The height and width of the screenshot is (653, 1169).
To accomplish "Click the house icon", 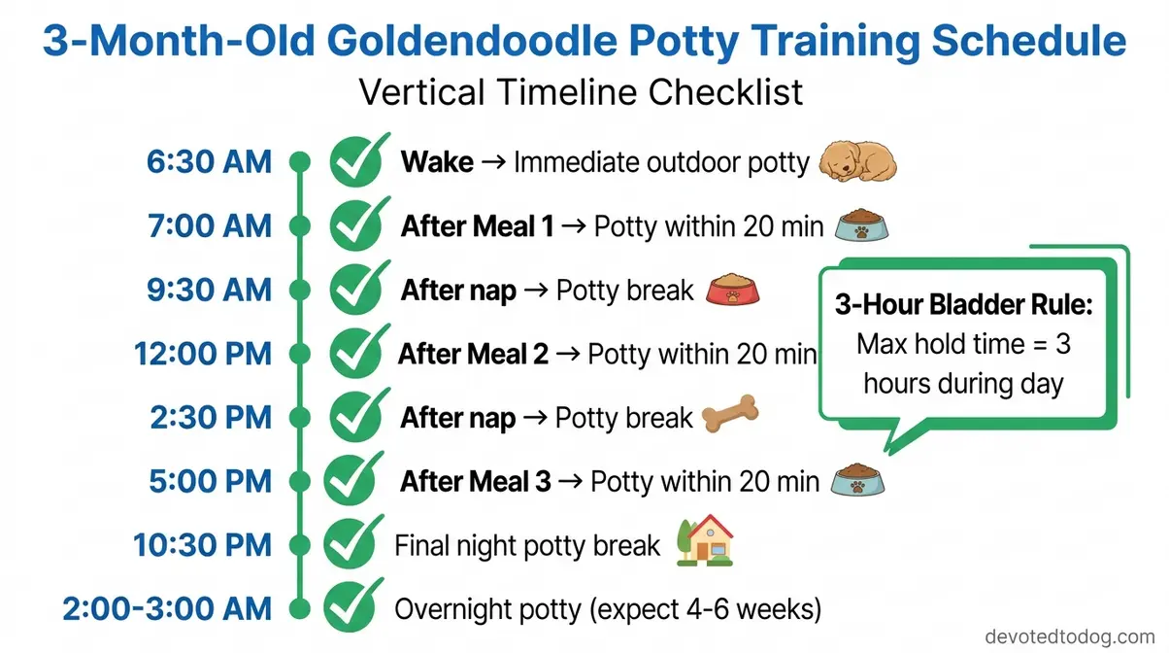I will coord(705,542).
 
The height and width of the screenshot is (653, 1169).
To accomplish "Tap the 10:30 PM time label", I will coord(203,545).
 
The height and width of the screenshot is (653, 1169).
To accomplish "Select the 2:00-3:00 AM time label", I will coord(167,609).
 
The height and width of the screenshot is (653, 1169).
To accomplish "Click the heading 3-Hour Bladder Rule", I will coord(964,305).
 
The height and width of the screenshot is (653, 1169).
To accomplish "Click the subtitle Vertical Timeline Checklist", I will coord(581,92).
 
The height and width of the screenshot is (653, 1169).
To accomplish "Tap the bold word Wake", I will coord(437,161).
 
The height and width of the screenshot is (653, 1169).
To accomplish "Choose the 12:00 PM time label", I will coord(202,354).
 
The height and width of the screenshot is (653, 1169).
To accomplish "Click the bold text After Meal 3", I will coord(476,481).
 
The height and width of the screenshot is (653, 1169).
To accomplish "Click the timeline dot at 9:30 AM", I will coord(301,290).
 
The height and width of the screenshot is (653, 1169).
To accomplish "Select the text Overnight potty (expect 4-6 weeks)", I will coord(608,609).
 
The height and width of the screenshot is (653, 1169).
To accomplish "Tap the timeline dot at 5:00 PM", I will coord(301,481).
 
